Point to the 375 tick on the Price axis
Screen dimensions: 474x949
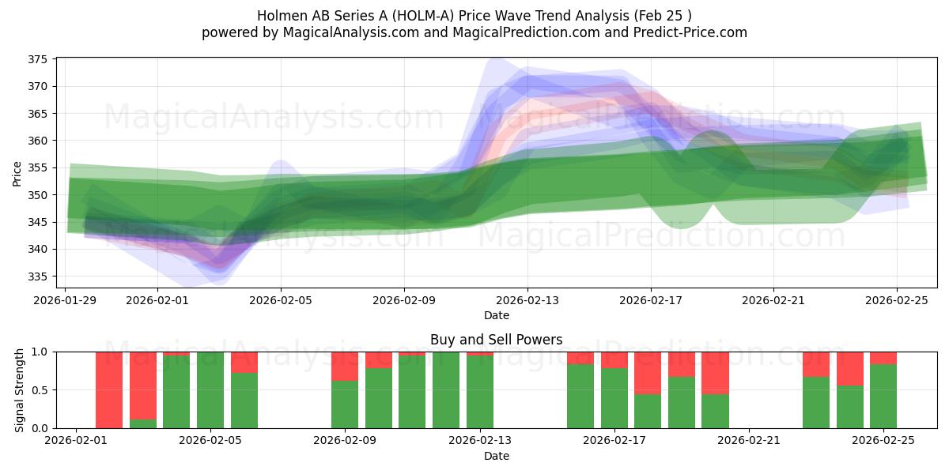click(x=39, y=59)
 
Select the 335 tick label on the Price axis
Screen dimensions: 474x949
click(x=39, y=276)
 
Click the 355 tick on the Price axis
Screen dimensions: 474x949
click(x=39, y=168)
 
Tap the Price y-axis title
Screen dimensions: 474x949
click(x=17, y=172)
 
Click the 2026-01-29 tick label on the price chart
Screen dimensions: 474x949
click(x=65, y=300)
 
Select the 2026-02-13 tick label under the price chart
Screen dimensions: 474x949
click(x=527, y=300)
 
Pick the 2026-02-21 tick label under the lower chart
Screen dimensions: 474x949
click(x=748, y=441)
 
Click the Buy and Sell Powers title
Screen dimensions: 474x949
click(x=496, y=340)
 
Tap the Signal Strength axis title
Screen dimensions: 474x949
click(x=20, y=389)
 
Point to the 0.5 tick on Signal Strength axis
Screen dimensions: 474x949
click(x=40, y=390)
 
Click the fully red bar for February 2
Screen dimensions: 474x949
click(x=109, y=389)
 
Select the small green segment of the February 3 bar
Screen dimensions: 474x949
click(x=143, y=424)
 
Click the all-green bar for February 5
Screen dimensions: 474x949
click(x=210, y=389)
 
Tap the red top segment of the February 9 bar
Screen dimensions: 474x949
click(x=345, y=366)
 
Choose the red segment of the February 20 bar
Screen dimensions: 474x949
click(x=715, y=372)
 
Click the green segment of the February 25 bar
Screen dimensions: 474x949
click(x=883, y=396)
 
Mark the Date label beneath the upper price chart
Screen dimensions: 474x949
click(x=496, y=315)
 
